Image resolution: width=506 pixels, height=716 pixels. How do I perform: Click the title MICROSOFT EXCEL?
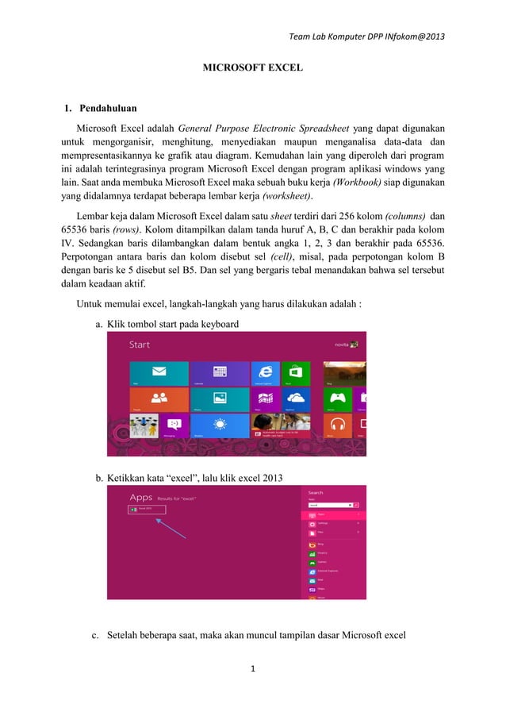253,69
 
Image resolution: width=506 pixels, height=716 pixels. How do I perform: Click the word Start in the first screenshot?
140,345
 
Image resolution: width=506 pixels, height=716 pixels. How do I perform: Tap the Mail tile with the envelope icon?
159,373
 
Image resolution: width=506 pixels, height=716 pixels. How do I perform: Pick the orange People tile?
159,399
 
